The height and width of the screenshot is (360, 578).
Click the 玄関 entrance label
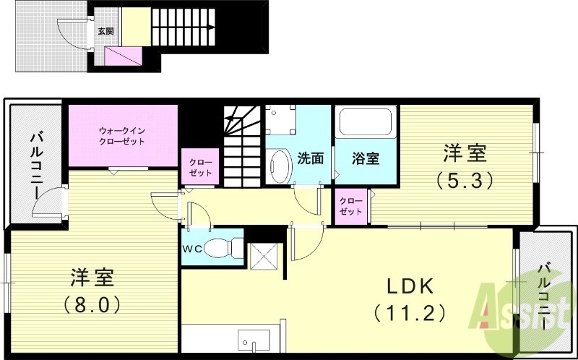(x=105, y=31)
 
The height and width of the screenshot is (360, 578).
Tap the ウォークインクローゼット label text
(x=122, y=136)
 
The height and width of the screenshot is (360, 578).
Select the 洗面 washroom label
(x=310, y=158)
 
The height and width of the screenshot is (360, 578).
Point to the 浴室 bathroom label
(x=366, y=158)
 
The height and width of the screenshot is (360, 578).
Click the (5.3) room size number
(x=465, y=178)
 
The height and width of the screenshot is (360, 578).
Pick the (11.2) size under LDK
(x=409, y=312)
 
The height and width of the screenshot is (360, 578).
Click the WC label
(x=192, y=248)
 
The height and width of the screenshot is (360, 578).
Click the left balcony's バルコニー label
(x=35, y=165)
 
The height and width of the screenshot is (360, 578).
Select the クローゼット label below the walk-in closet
(x=200, y=168)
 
